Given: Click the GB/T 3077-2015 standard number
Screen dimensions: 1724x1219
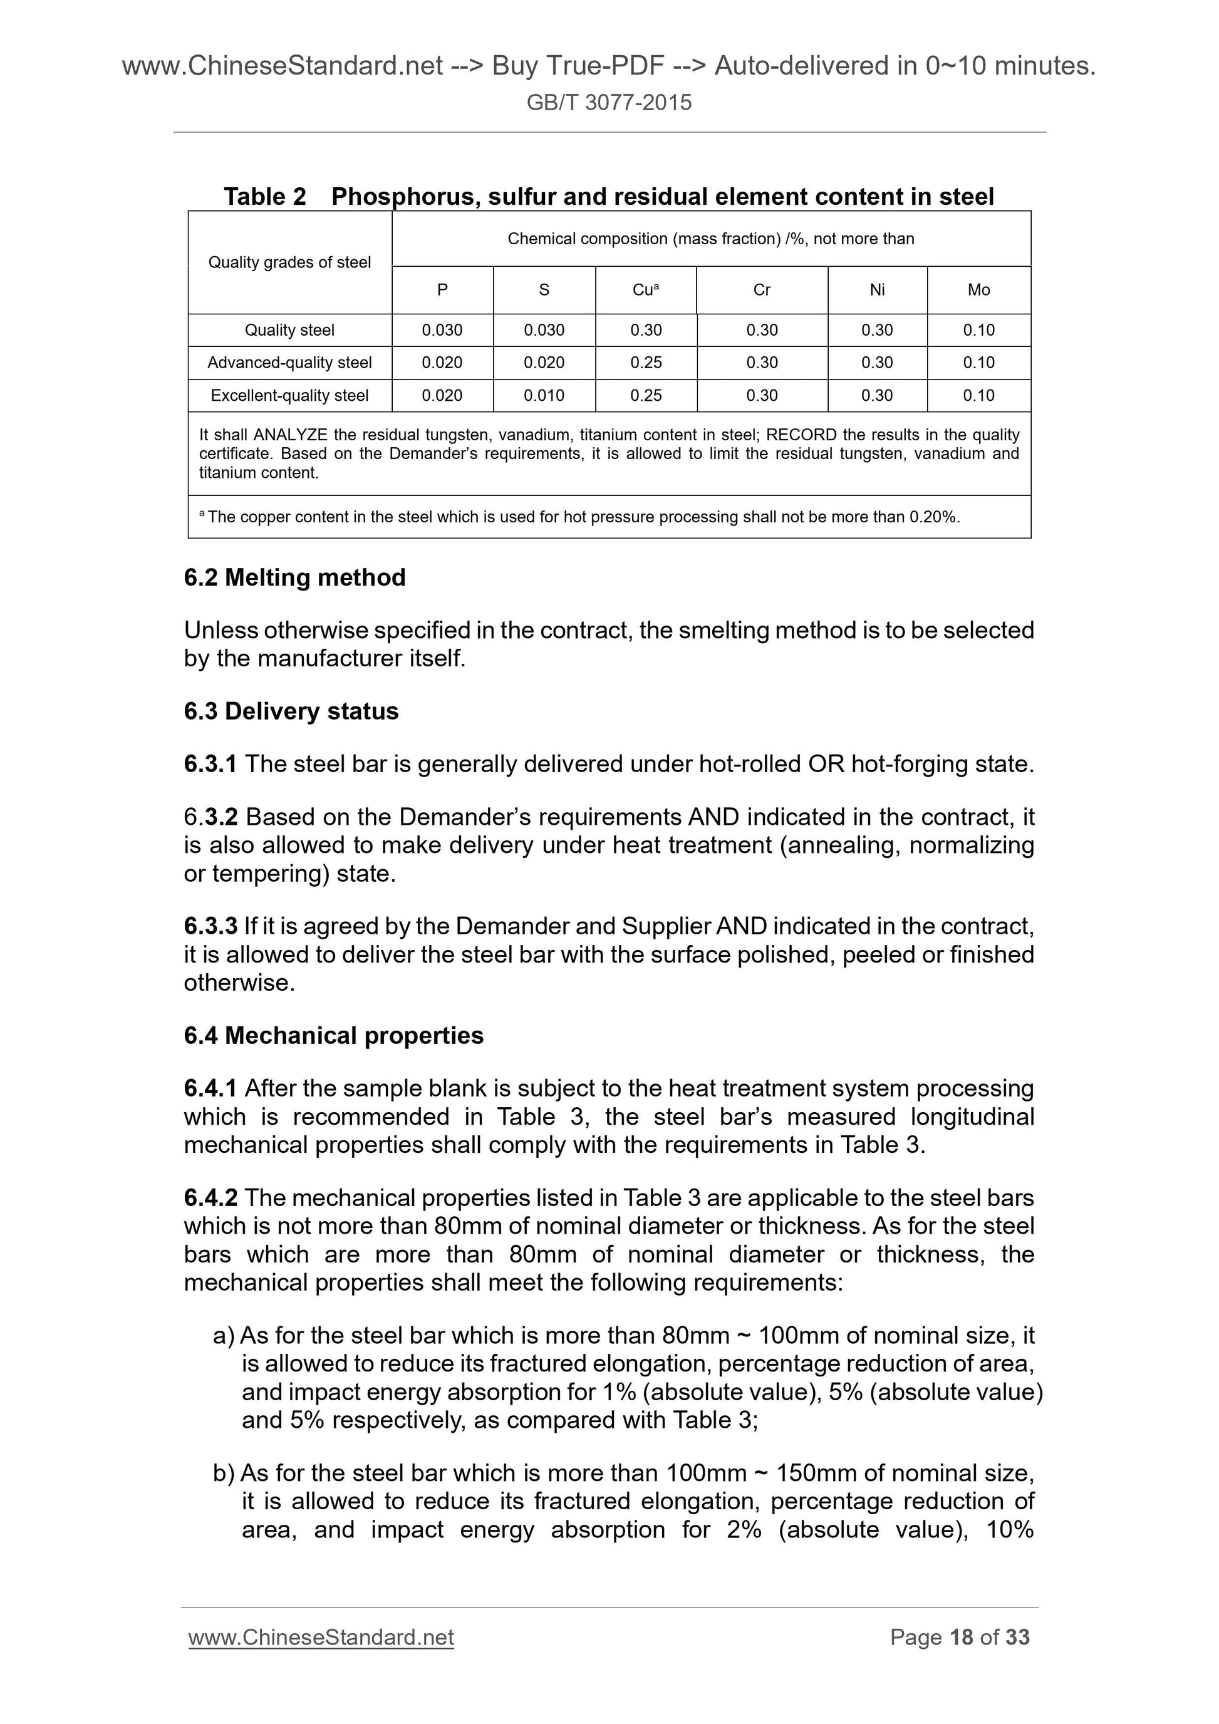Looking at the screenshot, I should pos(608,102).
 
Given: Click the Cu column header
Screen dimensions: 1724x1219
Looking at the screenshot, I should pos(645,290).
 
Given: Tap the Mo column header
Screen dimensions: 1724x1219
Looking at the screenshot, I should pos(978,290).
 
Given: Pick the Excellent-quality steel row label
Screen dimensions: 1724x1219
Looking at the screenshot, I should pos(289,396).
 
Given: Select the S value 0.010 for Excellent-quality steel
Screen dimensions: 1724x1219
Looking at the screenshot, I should pos(544,396).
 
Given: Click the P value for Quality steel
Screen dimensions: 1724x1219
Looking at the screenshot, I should pos(442,331).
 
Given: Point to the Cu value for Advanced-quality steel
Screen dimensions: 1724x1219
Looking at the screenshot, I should pos(646,363).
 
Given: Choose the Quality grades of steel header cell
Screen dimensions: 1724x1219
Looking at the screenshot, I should pos(289,262).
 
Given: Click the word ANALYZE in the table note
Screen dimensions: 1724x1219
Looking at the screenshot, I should pos(290,435).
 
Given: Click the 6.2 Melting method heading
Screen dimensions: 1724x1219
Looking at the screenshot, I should pos(294,577).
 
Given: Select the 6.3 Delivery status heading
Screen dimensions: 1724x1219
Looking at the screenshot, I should pos(291,711).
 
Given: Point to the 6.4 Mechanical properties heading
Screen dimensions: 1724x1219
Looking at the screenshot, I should pos(333,1035).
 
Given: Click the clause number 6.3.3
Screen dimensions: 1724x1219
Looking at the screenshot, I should pos(210,926).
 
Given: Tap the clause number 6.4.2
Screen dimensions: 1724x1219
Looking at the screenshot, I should pos(210,1197).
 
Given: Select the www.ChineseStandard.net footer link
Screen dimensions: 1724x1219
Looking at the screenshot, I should pos(321,1637).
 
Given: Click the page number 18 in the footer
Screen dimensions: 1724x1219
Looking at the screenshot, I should pos(962,1637).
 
